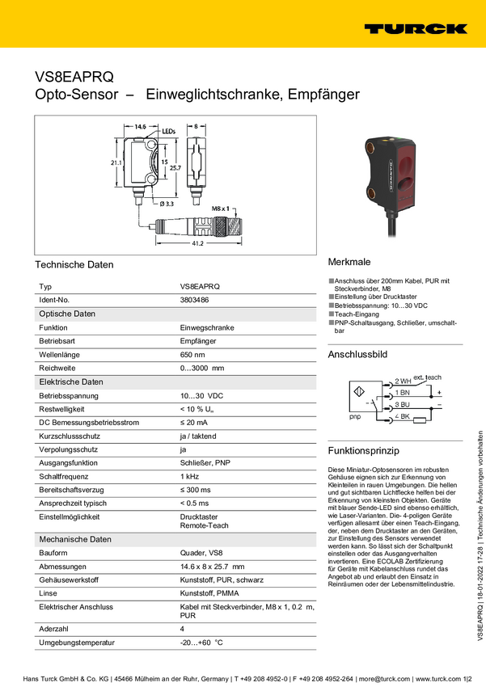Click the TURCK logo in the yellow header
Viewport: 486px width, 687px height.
[416, 28]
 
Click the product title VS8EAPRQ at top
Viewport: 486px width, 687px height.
[74, 76]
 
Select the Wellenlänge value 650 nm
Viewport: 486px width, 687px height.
[192, 355]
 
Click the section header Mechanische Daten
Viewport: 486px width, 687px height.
[75, 539]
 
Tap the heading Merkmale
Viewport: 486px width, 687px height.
[349, 263]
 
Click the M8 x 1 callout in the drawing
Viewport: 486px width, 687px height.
[222, 209]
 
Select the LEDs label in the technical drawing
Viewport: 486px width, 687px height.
[168, 129]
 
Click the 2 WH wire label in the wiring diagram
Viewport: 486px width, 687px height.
[403, 380]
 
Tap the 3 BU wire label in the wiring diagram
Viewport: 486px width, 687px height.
[402, 404]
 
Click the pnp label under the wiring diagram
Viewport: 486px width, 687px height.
[354, 418]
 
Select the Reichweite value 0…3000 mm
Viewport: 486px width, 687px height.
[201, 369]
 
